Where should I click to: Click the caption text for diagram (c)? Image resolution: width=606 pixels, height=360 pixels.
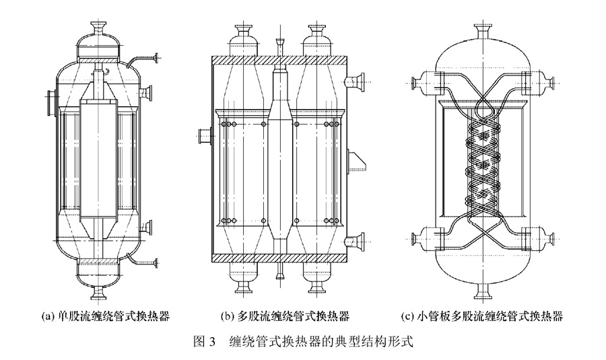point(481,315)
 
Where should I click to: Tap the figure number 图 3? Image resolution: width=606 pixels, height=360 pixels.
point(203,341)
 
